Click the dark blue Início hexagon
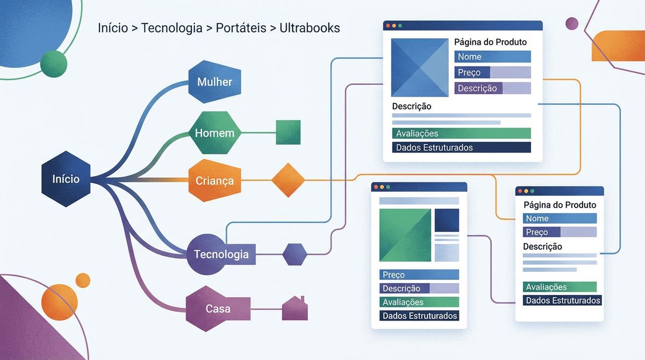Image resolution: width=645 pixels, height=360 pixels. pos(66,179)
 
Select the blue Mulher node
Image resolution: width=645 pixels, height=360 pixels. pos(214,82)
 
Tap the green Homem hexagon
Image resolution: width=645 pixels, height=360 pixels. pos(214,133)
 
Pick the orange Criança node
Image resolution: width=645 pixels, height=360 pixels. pos(214,181)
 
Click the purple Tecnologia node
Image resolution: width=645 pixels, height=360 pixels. pos(221,254)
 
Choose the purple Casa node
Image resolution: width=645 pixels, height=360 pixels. pos(218,308)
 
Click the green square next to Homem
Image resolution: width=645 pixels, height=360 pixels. pos(288,132)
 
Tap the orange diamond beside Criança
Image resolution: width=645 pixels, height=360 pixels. pos(288,181)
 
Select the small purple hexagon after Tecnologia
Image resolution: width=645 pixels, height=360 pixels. pos(295,254)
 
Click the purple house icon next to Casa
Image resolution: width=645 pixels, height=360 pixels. pos(295,309)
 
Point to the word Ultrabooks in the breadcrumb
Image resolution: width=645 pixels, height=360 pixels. pos(310,28)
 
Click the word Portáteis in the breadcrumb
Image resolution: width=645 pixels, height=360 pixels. pos(241,28)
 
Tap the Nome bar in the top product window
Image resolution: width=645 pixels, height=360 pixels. pos(492,57)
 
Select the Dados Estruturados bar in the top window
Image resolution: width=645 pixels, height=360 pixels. pos(461,147)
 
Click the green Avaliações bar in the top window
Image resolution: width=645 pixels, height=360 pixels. pos(461,133)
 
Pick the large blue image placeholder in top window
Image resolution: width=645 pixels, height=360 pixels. pos(420,67)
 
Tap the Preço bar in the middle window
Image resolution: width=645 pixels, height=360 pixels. pos(419,275)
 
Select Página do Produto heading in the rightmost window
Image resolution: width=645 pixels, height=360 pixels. pos(560,205)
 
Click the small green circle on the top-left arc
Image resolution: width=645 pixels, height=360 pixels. pos(54,63)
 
